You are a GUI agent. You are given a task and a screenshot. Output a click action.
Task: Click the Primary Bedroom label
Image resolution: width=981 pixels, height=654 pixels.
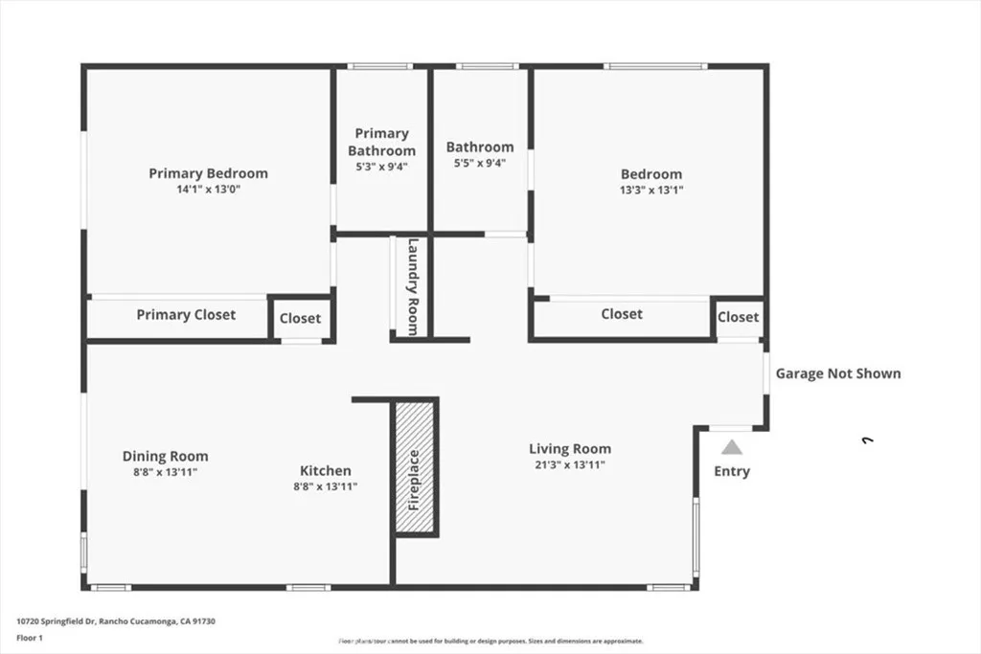[x=208, y=173]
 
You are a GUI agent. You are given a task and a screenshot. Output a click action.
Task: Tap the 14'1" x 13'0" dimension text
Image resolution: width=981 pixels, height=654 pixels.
[x=208, y=190]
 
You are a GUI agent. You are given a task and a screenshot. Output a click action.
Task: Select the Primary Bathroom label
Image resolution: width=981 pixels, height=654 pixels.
[x=381, y=142]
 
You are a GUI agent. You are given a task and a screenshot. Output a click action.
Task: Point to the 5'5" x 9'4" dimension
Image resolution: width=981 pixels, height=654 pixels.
[x=479, y=163]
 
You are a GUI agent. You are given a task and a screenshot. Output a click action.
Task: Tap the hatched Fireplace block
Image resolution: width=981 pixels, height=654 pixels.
[x=415, y=468]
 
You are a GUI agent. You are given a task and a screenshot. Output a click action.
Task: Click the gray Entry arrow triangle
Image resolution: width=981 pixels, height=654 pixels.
[x=732, y=446]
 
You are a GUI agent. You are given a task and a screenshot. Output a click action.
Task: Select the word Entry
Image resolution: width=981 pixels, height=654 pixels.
[x=732, y=471]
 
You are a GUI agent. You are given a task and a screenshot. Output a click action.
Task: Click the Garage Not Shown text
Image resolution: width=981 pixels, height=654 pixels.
[x=838, y=373]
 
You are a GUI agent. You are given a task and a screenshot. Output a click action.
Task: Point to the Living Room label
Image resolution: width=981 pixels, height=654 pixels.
[x=570, y=448]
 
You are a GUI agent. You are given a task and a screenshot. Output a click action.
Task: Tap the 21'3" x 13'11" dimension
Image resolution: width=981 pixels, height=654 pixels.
[x=570, y=464]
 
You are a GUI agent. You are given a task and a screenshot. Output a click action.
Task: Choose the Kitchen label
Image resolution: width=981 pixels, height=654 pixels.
[x=326, y=470]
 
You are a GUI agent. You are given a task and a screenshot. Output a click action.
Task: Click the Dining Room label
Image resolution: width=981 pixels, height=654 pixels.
[x=165, y=456]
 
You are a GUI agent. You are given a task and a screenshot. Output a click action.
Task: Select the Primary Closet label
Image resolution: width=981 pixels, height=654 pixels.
[x=186, y=314]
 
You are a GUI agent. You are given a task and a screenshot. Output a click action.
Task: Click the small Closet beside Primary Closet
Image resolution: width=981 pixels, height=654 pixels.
[x=301, y=319]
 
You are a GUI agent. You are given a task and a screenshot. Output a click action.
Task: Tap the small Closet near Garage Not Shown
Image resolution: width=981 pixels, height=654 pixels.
[x=738, y=317]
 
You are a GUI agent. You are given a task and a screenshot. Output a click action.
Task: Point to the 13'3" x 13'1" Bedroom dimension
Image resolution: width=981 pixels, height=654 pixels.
[x=651, y=190]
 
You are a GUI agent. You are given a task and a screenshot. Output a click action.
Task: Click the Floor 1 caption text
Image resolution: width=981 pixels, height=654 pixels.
[x=31, y=637]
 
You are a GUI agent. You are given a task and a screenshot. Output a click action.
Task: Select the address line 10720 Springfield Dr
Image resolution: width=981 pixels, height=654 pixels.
[x=116, y=621]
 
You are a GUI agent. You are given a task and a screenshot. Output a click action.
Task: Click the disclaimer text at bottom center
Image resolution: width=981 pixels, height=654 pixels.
[x=490, y=641]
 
